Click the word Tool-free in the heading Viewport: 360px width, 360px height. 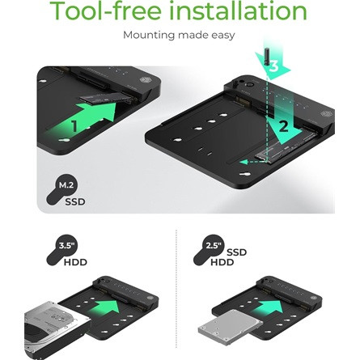coord(106,11)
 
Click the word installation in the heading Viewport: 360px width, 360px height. coord(239,11)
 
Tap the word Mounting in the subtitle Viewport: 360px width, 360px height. coord(149,36)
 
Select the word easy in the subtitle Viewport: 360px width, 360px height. coord(222,36)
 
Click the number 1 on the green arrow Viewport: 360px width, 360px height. coord(74,126)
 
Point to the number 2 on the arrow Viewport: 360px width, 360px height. coord(283,126)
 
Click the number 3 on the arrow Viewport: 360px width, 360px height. coord(273,67)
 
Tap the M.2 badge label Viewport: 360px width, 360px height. coord(66,185)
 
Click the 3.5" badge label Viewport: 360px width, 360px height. coord(66,246)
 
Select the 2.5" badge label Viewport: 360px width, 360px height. coord(214,246)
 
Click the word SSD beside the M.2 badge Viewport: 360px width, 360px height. coord(75,201)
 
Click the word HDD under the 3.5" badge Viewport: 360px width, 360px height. coord(75,262)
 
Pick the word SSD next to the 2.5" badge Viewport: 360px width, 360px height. coord(236,252)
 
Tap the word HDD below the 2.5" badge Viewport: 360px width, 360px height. coord(222,262)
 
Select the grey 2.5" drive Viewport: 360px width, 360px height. coord(231,325)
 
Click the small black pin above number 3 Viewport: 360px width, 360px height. coord(267,57)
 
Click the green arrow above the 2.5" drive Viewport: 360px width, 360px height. coord(267,307)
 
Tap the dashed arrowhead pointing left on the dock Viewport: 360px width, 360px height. coord(244,162)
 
